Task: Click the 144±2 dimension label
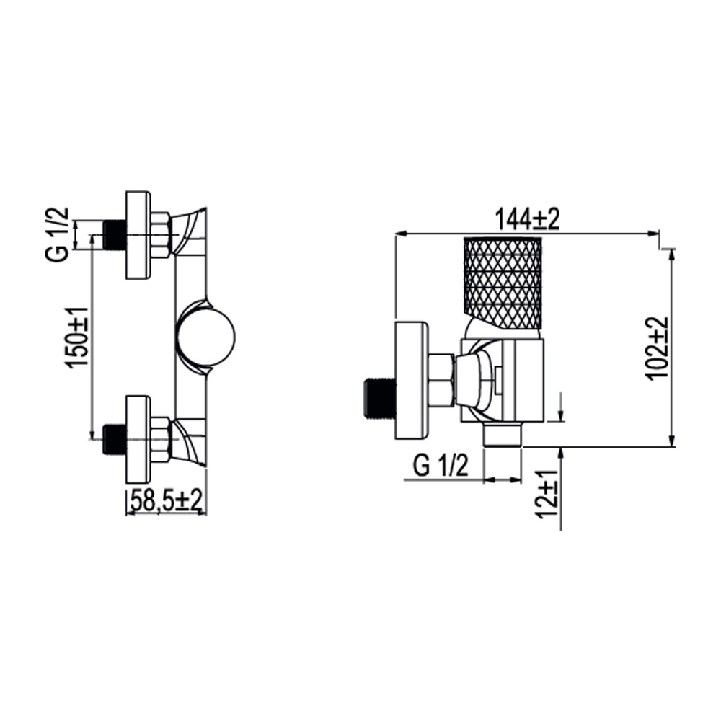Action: [527, 219]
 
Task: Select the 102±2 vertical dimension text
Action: [658, 348]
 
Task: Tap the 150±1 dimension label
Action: [77, 337]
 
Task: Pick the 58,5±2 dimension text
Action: [167, 501]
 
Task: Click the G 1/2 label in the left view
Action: [58, 234]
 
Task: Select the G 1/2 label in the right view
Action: [441, 465]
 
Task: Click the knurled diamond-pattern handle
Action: [503, 283]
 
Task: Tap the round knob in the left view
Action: [206, 337]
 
